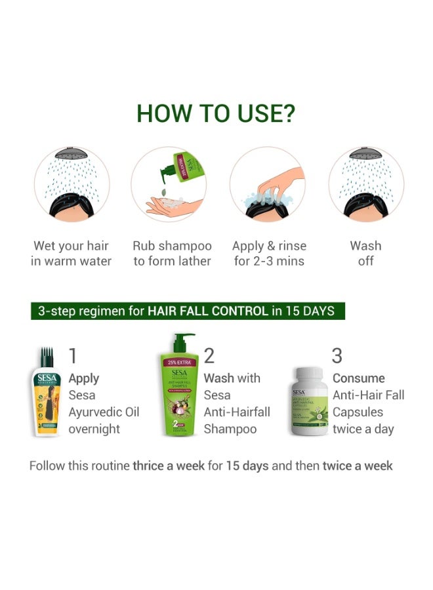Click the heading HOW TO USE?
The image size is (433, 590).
pyautogui.click(x=216, y=113)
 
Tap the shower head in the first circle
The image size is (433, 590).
pyautogui.click(x=72, y=154)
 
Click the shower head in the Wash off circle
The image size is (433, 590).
pyautogui.click(x=365, y=154)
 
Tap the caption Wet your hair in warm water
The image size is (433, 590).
pyautogui.click(x=72, y=254)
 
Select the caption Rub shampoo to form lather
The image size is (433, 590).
pyautogui.click(x=172, y=254)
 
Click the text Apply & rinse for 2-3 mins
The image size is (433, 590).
pyautogui.click(x=269, y=254)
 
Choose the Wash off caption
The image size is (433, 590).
pyautogui.click(x=365, y=254)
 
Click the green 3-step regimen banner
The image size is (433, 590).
pyautogui.click(x=188, y=311)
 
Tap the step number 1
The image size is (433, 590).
pyautogui.click(x=73, y=355)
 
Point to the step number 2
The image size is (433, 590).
pyautogui.click(x=209, y=355)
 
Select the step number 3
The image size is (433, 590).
pyautogui.click(x=337, y=355)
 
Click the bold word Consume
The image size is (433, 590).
pyautogui.click(x=358, y=378)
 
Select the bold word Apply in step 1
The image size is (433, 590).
pyautogui.click(x=84, y=378)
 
